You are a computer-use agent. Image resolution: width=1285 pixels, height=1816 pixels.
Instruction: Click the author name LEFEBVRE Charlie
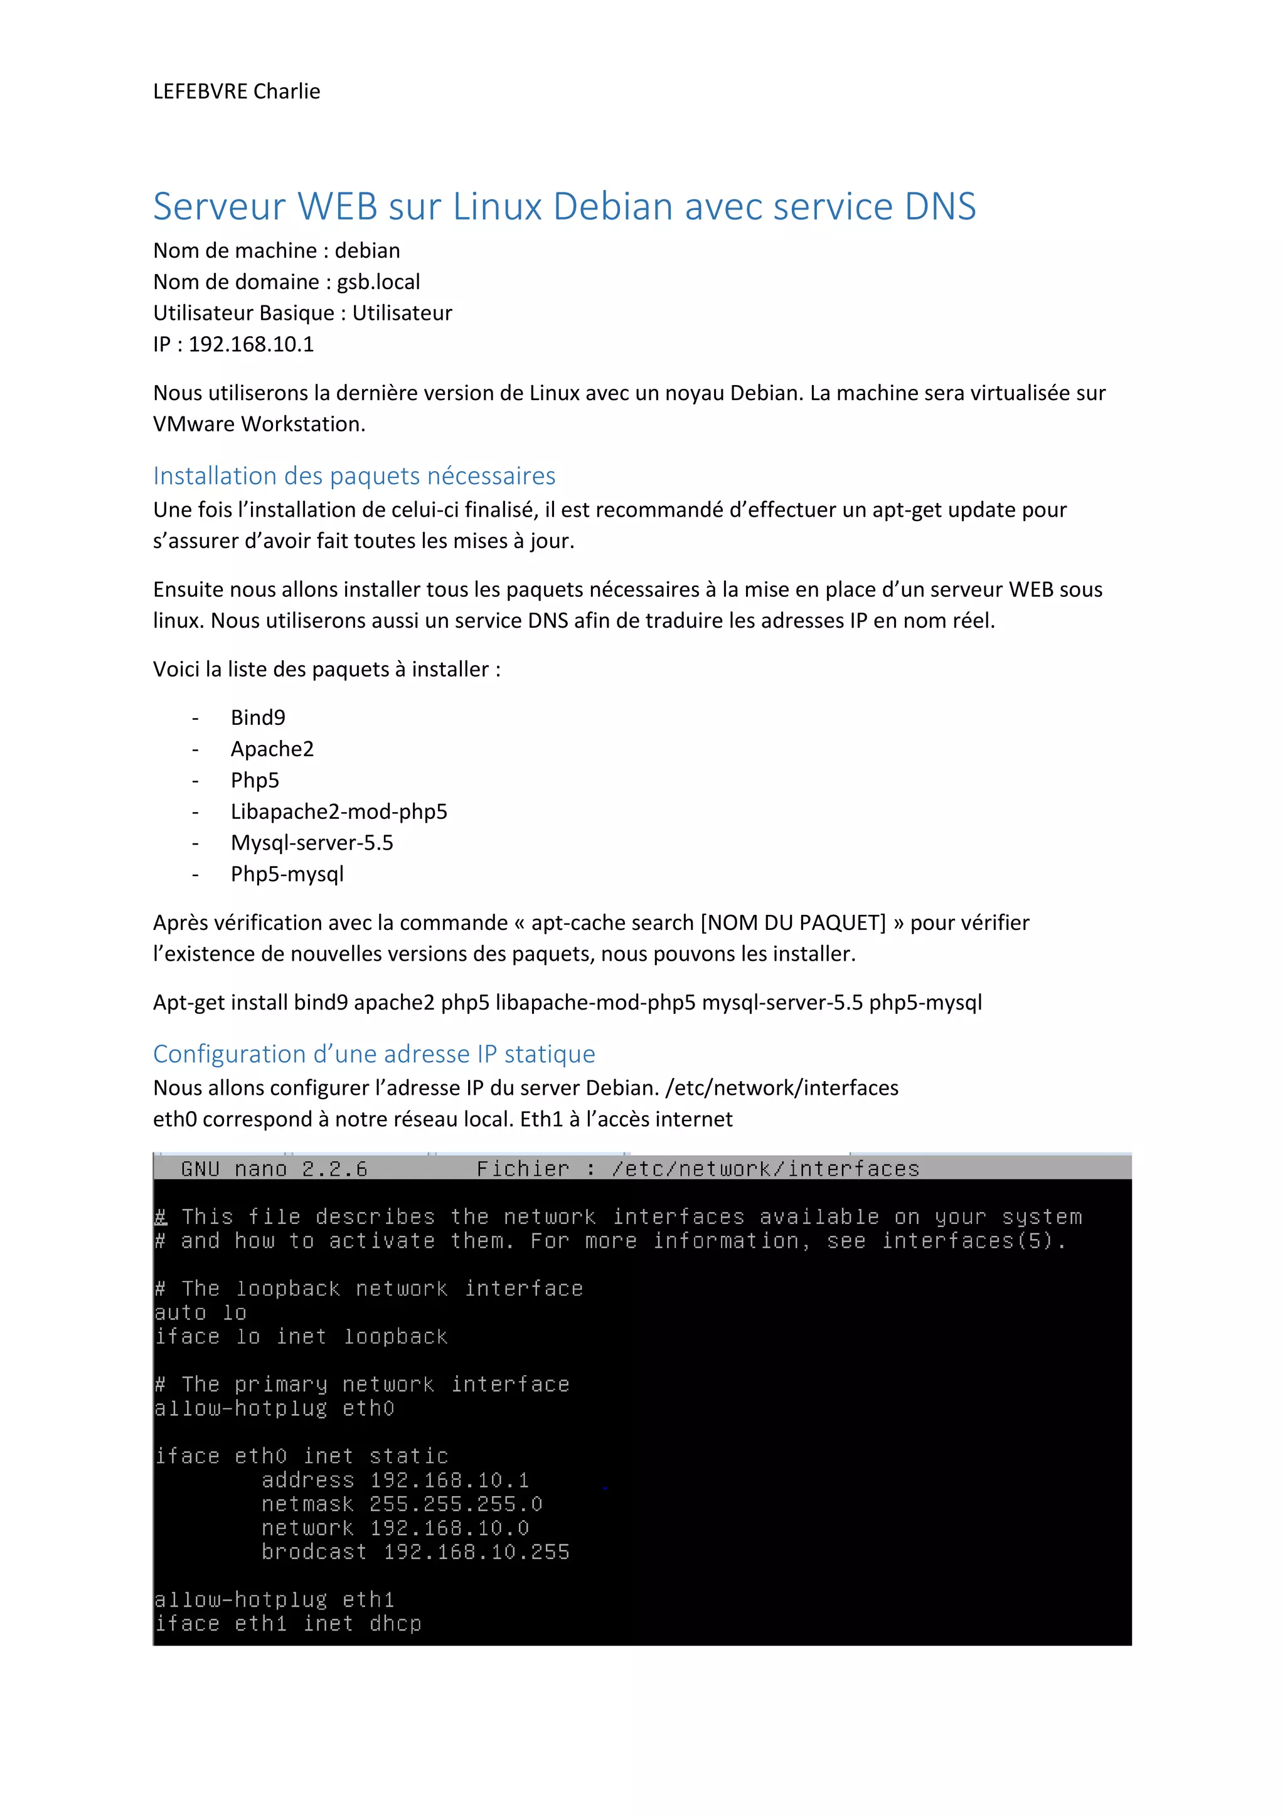coord(237,92)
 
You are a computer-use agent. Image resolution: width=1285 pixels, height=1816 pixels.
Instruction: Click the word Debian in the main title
coord(612,206)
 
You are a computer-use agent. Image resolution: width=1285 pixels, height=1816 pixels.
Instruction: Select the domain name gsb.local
coord(378,282)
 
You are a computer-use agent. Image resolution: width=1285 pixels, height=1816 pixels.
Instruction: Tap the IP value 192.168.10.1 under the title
coord(251,344)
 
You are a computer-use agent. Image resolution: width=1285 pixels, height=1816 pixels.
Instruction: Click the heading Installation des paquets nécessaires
coord(354,475)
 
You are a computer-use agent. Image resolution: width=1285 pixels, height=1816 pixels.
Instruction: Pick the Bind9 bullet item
coord(258,717)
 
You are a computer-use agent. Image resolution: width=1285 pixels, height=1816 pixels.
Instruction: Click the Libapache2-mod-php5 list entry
coord(339,811)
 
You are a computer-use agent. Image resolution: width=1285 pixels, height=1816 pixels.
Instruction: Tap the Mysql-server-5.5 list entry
coord(312,843)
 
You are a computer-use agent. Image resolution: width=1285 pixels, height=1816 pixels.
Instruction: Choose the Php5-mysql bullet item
coord(287,874)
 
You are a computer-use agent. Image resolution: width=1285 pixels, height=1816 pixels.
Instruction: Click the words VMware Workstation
coord(259,424)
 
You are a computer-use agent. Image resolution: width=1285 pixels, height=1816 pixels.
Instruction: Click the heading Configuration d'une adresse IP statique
coord(373,1054)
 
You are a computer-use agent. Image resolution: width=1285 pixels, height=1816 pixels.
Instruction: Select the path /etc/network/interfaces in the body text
coord(782,1089)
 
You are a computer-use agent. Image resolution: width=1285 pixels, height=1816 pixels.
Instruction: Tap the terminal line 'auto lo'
coord(200,1313)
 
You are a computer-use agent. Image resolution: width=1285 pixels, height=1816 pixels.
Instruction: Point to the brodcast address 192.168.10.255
coord(476,1552)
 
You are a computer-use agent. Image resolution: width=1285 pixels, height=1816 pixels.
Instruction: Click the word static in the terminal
coord(408,1456)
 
